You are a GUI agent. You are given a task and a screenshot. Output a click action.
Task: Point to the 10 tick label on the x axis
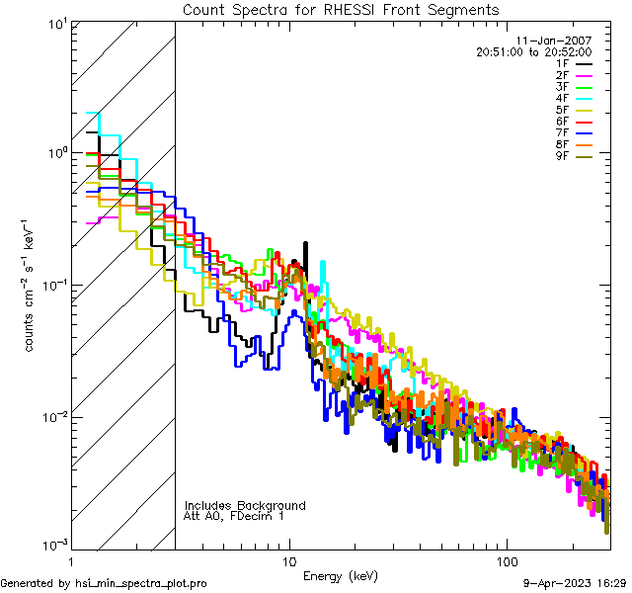[289, 560]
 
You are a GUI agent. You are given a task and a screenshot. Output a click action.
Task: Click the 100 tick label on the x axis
[506, 560]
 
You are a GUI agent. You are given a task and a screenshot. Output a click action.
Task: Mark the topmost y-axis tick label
[56, 24]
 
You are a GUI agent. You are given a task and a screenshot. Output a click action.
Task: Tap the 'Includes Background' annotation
[245, 505]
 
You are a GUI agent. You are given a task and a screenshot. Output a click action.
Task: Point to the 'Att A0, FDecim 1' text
[233, 516]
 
